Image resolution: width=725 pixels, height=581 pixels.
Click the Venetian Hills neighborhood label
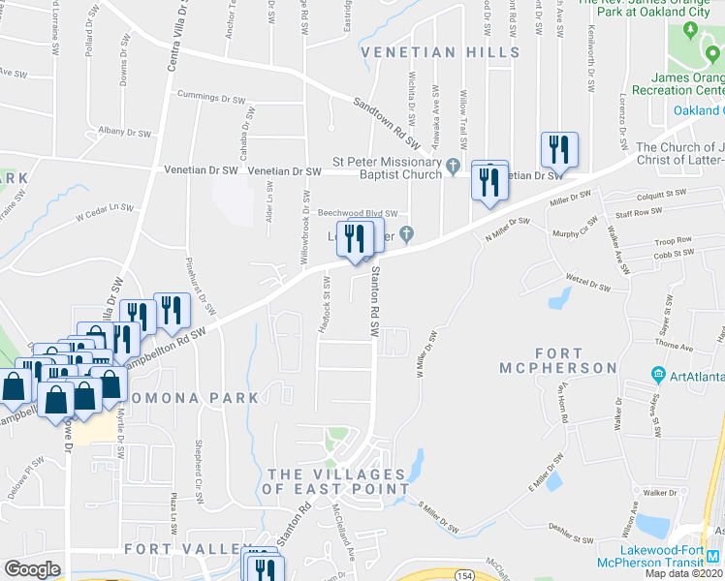pos(441,51)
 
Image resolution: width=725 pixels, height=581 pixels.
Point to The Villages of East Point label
pos(336,481)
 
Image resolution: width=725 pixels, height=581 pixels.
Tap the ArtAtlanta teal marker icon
pos(658,375)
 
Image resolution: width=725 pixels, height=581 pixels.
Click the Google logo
pos(32,568)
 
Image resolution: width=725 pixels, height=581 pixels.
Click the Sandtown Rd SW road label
pos(385,115)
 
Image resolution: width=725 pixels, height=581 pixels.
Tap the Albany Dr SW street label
pos(124,133)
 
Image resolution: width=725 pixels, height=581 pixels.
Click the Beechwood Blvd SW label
pos(358,214)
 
